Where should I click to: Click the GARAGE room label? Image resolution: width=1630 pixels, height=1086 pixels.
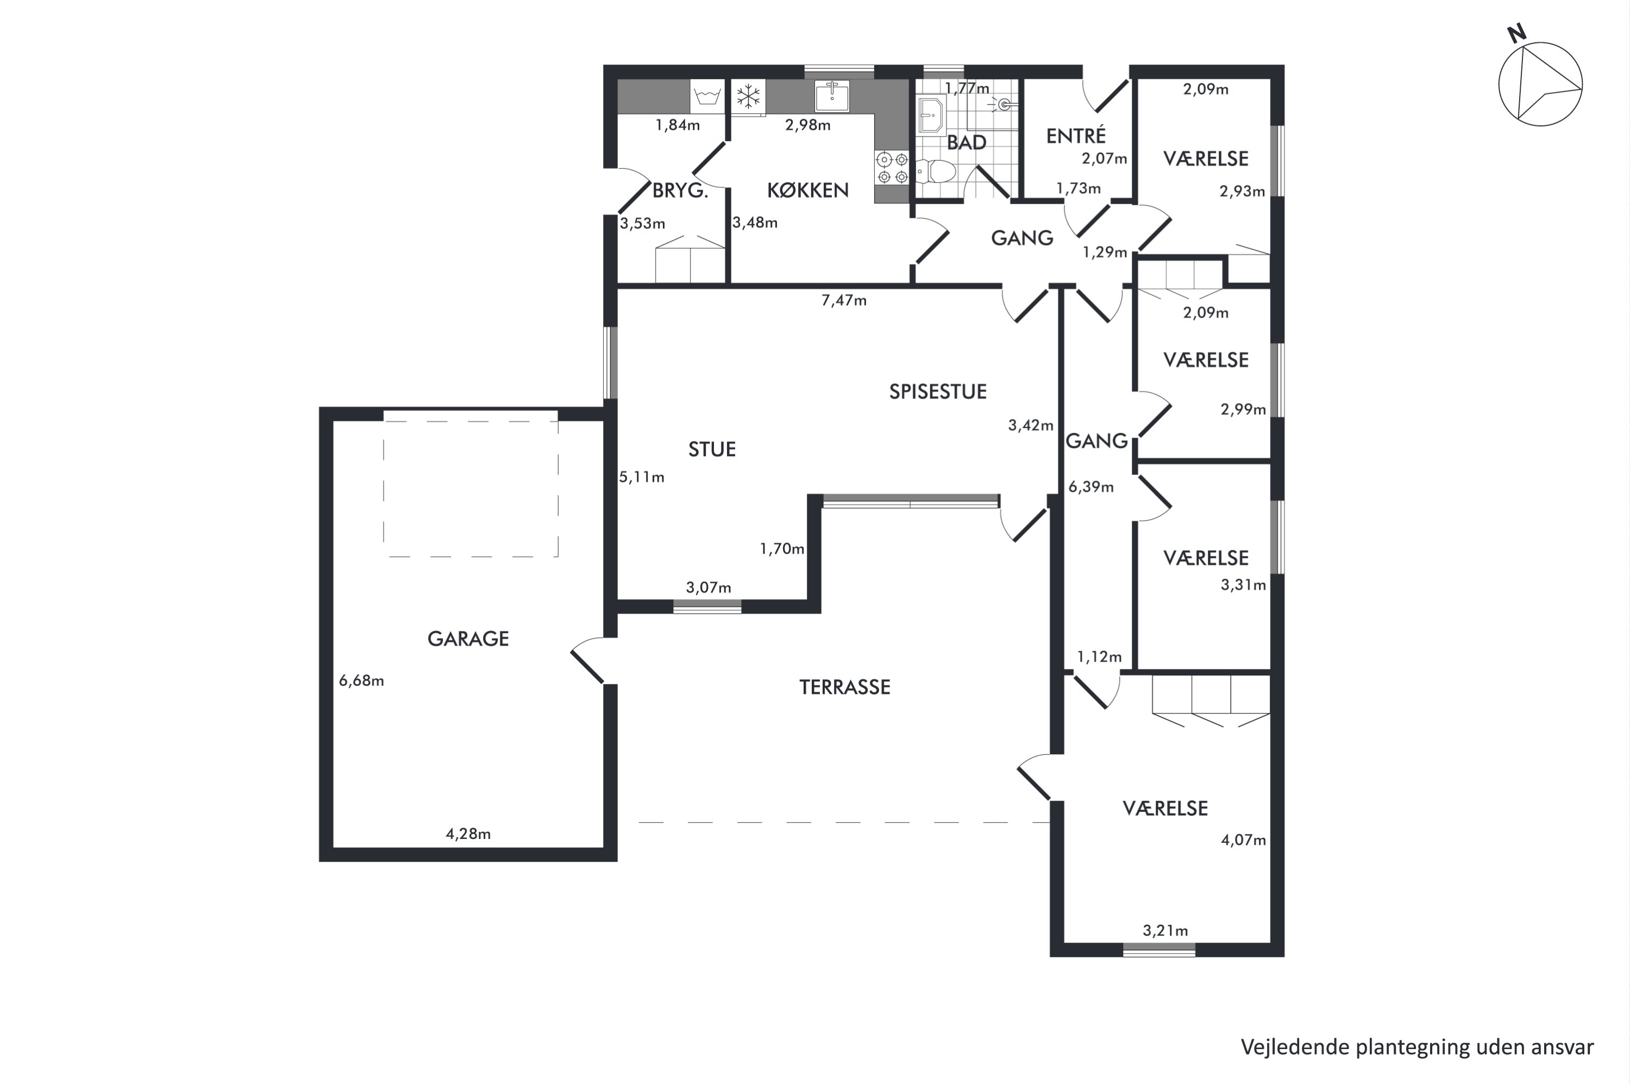click(468, 639)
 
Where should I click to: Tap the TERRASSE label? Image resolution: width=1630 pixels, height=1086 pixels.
click(844, 687)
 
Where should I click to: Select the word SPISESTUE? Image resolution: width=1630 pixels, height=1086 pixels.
click(938, 392)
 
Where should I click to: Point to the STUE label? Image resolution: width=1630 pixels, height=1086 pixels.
click(712, 450)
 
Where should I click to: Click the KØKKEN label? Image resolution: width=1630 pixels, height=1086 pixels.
click(807, 190)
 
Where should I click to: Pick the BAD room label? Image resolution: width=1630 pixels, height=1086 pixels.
click(966, 143)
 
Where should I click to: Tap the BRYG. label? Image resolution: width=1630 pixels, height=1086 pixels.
click(680, 191)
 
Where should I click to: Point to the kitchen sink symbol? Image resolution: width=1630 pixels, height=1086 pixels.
click(832, 96)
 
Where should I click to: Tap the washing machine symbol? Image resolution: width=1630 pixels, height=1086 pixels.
click(707, 96)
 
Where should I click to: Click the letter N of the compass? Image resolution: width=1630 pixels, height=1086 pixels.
click(1517, 33)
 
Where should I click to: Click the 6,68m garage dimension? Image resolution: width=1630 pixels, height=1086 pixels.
click(361, 681)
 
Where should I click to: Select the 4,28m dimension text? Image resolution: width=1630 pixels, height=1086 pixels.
click(468, 834)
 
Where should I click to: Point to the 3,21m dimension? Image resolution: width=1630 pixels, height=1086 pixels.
click(1165, 930)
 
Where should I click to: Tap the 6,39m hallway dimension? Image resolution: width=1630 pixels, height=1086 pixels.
click(1091, 487)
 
